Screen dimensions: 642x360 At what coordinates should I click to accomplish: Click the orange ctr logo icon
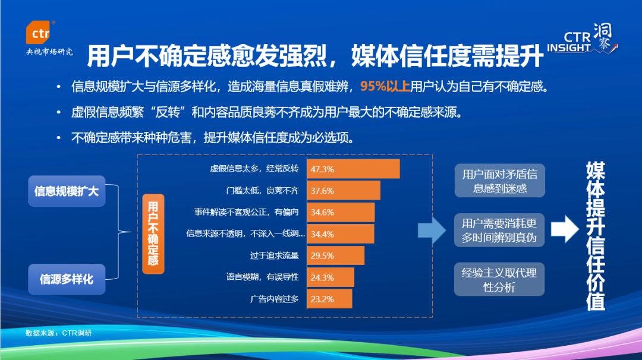pyautogui.click(x=39, y=32)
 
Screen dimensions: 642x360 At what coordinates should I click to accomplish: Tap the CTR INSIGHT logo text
pyautogui.click(x=569, y=42)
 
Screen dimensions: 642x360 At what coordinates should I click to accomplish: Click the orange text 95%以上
pyautogui.click(x=385, y=86)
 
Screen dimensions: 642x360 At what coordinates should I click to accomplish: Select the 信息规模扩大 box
pyautogui.click(x=67, y=191)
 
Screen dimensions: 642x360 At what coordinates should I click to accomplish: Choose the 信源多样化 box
pyautogui.click(x=67, y=279)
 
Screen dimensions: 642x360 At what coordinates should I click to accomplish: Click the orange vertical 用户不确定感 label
pyautogui.click(x=153, y=233)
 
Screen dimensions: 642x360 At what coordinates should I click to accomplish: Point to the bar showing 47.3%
pyautogui.click(x=353, y=169)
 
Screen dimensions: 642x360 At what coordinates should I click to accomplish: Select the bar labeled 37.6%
pyautogui.click(x=344, y=191)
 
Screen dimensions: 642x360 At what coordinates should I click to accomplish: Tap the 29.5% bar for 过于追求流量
pyautogui.click(x=336, y=255)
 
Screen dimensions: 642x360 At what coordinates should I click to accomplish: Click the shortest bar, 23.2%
pyautogui.click(x=329, y=299)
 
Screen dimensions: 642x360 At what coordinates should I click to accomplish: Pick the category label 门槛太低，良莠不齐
pyautogui.click(x=263, y=191)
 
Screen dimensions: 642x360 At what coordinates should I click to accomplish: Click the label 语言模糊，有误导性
pyautogui.click(x=263, y=277)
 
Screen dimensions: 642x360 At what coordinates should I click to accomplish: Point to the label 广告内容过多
pyautogui.click(x=274, y=299)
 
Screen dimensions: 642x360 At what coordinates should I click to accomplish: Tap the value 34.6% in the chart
pyautogui.click(x=322, y=212)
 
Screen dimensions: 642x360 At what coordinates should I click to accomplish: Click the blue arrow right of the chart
pyautogui.click(x=432, y=230)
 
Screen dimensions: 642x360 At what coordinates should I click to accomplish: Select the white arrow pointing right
pyautogui.click(x=565, y=229)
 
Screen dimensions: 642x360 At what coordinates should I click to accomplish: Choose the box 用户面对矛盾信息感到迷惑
pyautogui.click(x=499, y=181)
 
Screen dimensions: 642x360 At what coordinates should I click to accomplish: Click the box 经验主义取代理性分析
pyautogui.click(x=499, y=279)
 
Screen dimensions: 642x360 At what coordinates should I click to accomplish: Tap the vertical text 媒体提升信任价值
pyautogui.click(x=596, y=236)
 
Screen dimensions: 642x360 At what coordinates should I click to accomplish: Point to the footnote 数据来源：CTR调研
pyautogui.click(x=58, y=333)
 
